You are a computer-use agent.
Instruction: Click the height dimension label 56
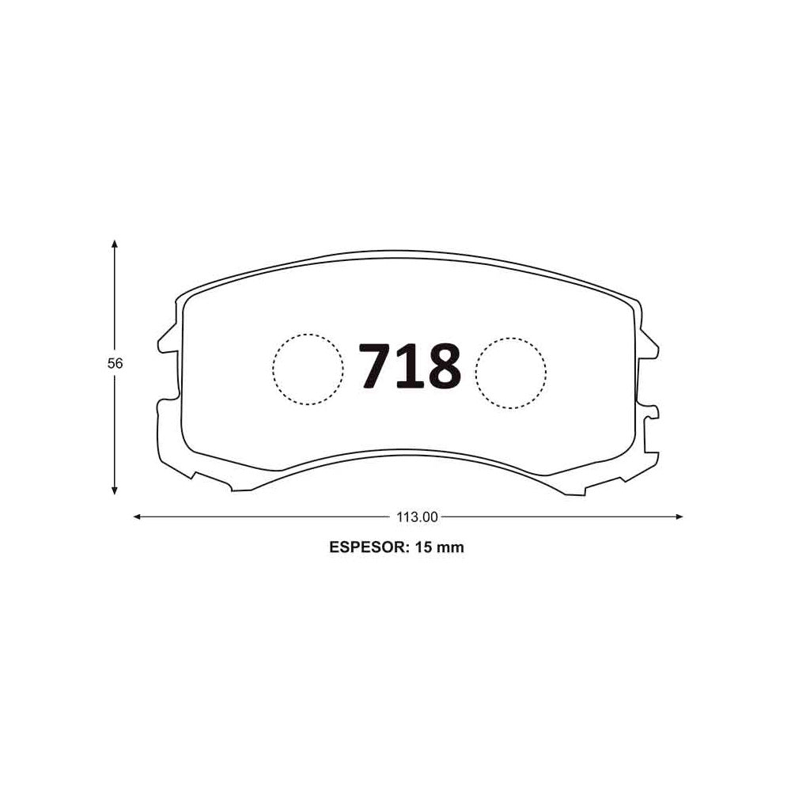click(x=115, y=363)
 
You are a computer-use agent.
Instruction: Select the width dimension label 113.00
click(x=417, y=517)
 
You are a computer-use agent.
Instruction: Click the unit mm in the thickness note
click(x=450, y=548)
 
